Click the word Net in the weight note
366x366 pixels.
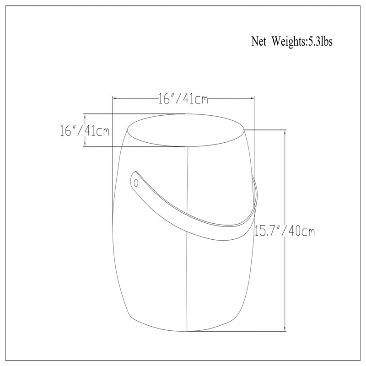pyautogui.click(x=258, y=42)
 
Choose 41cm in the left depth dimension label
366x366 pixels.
pyautogui.click(x=97, y=130)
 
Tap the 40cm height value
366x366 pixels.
pyautogui.click(x=302, y=231)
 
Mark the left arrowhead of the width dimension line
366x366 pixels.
pyautogui.click(x=115, y=98)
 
